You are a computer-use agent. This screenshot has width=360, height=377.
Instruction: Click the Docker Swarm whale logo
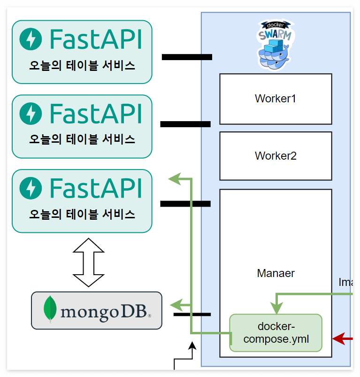coord(275,46)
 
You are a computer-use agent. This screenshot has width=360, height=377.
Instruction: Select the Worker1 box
coord(276,99)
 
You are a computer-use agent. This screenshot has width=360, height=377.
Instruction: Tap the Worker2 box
coord(276,156)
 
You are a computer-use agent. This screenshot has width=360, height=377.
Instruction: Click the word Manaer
coord(276,273)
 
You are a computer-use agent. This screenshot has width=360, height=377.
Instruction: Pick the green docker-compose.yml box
coord(276,332)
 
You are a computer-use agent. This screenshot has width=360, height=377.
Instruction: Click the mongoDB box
coord(96,310)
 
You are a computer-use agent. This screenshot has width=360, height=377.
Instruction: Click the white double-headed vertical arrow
coord(89,262)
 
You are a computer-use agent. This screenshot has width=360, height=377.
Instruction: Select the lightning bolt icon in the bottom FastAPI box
coord(31,188)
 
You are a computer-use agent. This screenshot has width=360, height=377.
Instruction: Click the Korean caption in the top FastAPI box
coord(82,66)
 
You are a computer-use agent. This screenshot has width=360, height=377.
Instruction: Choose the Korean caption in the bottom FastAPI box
coord(82,215)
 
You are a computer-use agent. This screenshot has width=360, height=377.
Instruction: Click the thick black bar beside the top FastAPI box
coord(187,57)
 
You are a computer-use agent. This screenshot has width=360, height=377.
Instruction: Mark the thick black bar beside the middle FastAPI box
coord(185,124)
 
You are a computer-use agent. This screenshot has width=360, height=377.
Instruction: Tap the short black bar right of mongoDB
coord(192,314)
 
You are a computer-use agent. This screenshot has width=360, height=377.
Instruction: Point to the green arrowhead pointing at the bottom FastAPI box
coord(174,178)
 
